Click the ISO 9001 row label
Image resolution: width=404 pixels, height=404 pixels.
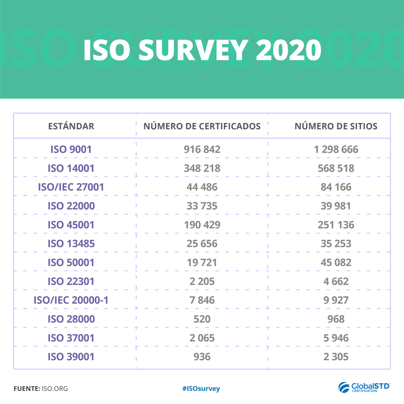(x=71, y=149)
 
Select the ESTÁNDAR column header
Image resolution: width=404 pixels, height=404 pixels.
(x=71, y=126)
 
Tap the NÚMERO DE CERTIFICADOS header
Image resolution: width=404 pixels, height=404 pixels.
(x=202, y=126)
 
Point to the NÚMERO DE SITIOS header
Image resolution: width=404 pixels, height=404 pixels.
(x=336, y=126)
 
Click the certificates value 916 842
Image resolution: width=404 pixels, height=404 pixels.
(x=202, y=149)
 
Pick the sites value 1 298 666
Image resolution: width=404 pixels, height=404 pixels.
(x=336, y=149)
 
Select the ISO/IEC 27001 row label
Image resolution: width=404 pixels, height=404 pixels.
(x=71, y=187)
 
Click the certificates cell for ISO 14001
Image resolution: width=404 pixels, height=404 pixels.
(x=202, y=168)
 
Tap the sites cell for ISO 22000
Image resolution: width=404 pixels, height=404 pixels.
(x=336, y=206)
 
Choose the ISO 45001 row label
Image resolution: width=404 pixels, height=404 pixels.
(x=71, y=225)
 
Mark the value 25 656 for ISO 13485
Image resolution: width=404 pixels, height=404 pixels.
(x=202, y=244)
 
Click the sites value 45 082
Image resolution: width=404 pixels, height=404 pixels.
(x=336, y=262)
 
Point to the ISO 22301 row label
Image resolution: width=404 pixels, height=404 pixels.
(x=71, y=281)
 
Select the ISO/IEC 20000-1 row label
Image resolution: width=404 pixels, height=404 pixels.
(x=71, y=300)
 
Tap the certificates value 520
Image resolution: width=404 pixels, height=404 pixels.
(x=202, y=319)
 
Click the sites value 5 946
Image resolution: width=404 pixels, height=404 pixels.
(x=336, y=338)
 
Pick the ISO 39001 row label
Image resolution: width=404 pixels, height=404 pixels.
(x=71, y=357)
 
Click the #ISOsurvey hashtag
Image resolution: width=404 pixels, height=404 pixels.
(x=201, y=388)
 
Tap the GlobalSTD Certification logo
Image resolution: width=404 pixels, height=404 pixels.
(x=364, y=387)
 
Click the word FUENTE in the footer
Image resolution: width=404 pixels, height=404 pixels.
(x=27, y=388)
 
